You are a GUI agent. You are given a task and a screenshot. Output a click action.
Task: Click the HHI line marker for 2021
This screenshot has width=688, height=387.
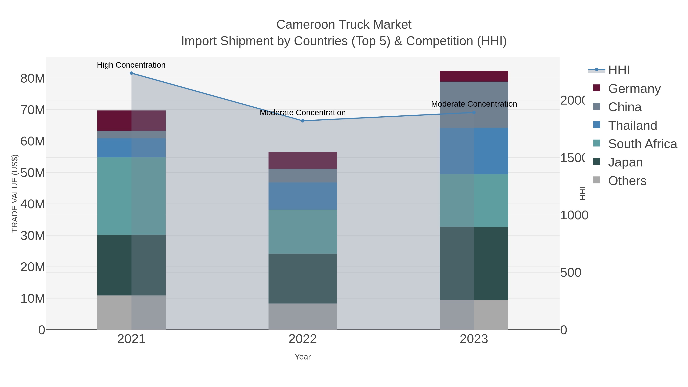(x=131, y=73)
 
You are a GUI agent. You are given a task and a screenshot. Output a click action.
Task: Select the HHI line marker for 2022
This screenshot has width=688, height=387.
(x=303, y=121)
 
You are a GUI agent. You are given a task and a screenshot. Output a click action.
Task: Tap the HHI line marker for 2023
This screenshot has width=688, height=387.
(x=474, y=112)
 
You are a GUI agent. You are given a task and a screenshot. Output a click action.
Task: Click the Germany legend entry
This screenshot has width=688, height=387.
(x=634, y=89)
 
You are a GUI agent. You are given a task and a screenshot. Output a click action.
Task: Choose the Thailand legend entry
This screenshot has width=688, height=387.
(x=632, y=126)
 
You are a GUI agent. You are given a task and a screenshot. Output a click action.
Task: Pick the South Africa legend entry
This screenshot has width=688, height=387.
(x=642, y=144)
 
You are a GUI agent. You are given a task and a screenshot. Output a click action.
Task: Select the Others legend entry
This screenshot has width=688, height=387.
(x=627, y=181)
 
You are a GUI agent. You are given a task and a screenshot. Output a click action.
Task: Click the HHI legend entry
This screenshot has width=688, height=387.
(x=619, y=70)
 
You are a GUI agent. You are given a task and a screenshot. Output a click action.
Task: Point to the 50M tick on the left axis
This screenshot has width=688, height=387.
(x=32, y=173)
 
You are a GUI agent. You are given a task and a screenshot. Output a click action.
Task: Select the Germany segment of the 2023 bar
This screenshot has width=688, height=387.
(x=474, y=76)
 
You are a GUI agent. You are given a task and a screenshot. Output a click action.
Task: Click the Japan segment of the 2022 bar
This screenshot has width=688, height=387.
(x=303, y=279)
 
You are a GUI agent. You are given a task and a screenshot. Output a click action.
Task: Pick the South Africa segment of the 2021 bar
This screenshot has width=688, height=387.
(x=131, y=196)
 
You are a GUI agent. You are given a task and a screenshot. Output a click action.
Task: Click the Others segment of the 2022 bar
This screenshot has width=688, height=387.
(x=303, y=316)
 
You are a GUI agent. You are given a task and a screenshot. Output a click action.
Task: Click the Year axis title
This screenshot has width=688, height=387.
(x=303, y=357)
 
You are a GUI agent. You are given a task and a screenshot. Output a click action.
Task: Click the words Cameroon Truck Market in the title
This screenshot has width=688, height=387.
(x=344, y=25)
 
